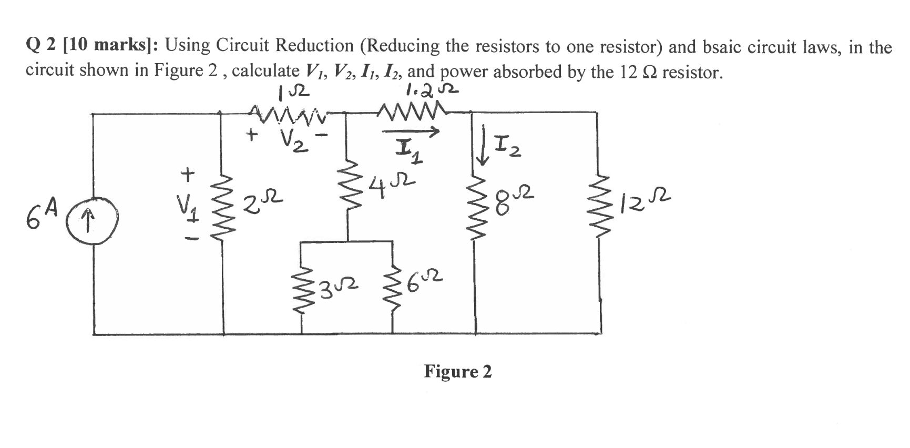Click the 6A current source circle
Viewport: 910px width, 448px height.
tap(93, 215)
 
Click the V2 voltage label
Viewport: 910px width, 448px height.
tap(291, 139)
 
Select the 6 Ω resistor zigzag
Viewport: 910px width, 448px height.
tap(393, 288)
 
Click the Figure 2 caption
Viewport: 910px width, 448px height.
tap(458, 372)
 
